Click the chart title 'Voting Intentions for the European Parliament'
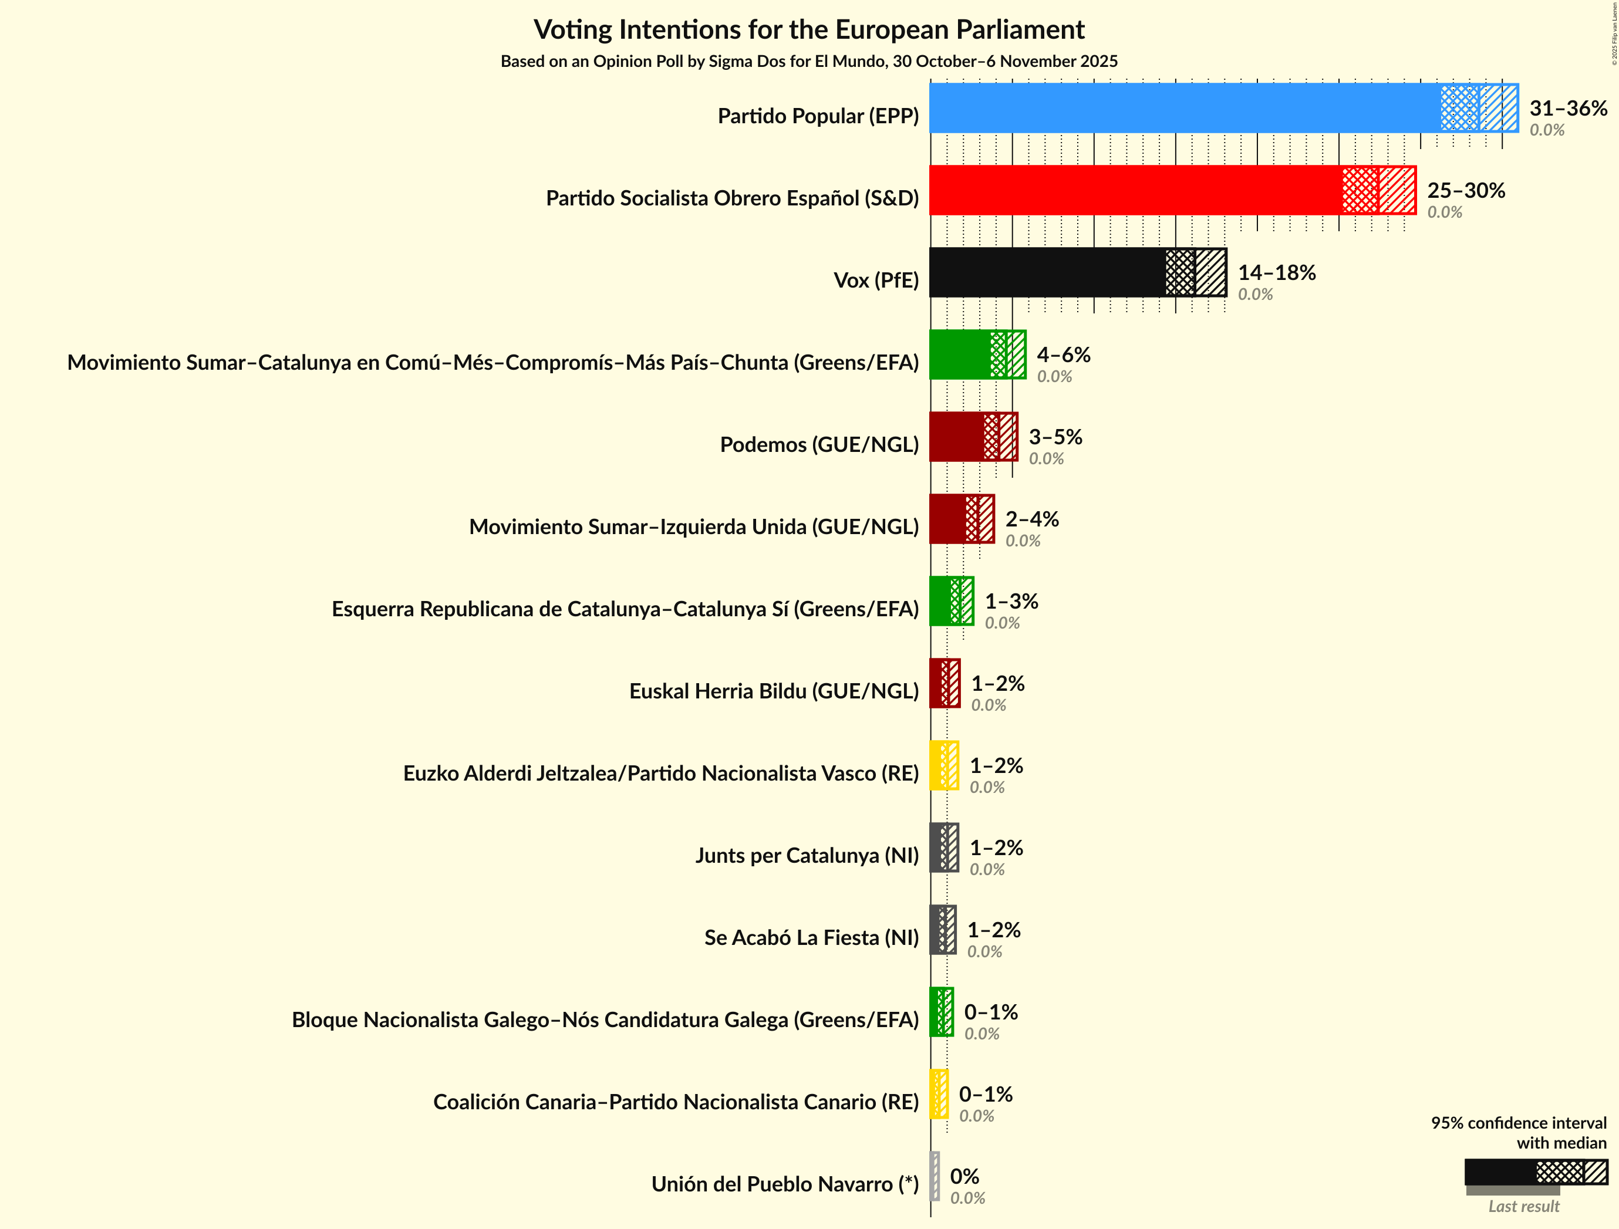click(x=809, y=30)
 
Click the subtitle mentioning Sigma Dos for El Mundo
click(x=809, y=62)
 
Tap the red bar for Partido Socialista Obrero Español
click(x=1135, y=190)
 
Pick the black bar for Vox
click(x=1047, y=272)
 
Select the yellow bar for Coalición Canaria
click(x=938, y=1095)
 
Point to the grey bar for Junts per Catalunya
click(x=943, y=848)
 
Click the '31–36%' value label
click(x=1568, y=109)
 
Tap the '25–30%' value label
click(x=1465, y=190)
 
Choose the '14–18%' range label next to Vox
click(x=1276, y=272)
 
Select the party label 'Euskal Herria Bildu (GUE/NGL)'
click(x=774, y=691)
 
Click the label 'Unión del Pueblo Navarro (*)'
click(x=785, y=1184)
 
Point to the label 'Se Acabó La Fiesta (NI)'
click(x=811, y=938)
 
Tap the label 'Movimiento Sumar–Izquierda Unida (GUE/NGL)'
click(x=693, y=527)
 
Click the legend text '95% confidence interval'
click(x=1519, y=1123)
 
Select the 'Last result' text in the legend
click(x=1524, y=1206)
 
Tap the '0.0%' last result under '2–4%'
click(x=1023, y=541)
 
